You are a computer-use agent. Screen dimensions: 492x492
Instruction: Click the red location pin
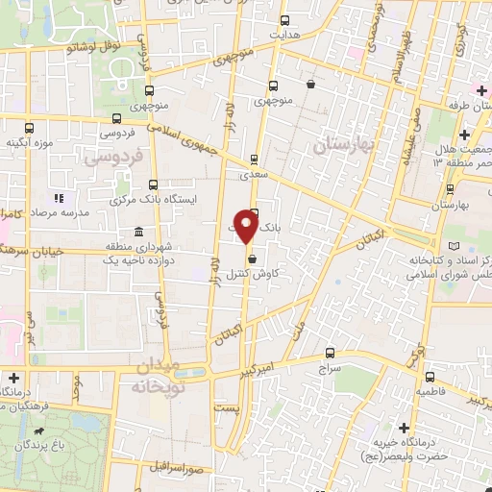tap(247, 227)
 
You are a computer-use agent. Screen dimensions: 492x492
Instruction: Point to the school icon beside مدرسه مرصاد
tap(58, 198)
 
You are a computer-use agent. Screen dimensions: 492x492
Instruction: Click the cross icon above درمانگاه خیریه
tap(404, 428)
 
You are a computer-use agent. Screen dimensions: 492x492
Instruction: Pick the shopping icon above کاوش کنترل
tap(252, 258)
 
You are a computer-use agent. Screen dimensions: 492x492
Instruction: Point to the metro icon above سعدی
tap(254, 160)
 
